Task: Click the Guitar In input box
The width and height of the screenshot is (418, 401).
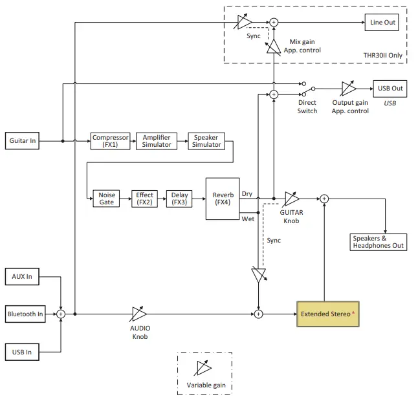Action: pos(23,140)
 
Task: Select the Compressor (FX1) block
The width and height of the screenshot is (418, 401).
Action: pos(111,140)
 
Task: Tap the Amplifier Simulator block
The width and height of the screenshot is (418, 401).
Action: pos(157,140)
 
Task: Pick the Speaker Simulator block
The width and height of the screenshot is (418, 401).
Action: pos(205,140)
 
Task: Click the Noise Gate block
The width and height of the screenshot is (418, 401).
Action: pos(106,198)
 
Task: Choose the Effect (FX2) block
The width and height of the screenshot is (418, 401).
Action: pos(144,198)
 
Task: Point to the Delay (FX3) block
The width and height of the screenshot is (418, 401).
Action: pos(179,198)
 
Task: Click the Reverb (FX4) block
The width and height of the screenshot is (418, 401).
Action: pos(223,198)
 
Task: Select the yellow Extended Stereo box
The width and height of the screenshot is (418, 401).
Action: pos(327,314)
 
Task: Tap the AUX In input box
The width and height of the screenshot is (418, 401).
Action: pos(22,277)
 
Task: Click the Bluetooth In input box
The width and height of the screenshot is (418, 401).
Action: pos(25,314)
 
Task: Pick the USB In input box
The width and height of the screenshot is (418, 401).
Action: pos(22,352)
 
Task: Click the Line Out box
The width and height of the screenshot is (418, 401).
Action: pos(382,23)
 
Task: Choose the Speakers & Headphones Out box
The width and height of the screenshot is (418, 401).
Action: pos(379,242)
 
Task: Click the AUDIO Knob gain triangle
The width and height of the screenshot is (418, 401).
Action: pos(139,314)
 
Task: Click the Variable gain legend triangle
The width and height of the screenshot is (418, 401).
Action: pos(204,369)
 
